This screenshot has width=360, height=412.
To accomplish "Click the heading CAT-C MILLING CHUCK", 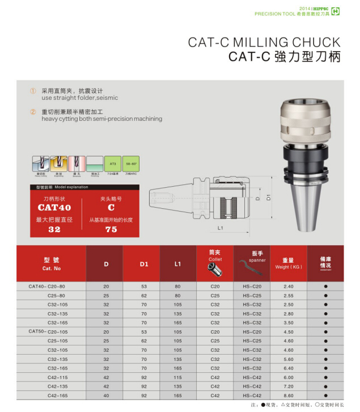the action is click(264, 43).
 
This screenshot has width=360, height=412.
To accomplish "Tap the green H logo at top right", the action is click(336, 11).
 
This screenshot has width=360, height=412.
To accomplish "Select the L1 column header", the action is click(177, 264).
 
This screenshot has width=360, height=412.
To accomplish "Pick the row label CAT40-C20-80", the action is click(47, 287).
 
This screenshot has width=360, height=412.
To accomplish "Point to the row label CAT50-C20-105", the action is click(48, 331).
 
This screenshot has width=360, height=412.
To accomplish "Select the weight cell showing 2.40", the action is click(289, 287).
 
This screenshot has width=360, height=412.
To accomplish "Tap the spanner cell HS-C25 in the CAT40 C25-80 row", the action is click(252, 296).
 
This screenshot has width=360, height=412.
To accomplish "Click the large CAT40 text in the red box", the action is click(54, 208).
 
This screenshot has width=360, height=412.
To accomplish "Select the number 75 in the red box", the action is click(111, 229).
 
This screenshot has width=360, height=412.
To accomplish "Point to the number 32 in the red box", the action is click(54, 229).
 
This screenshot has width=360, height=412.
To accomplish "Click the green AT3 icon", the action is click(112, 163).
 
